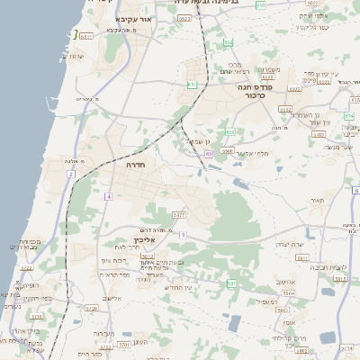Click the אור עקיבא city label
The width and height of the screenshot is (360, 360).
point(137,18)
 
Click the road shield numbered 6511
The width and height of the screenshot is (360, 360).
point(86,37)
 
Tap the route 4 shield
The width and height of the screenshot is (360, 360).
point(108,196)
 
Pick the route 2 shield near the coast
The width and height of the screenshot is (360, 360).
point(70,174)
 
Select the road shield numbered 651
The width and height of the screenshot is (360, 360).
point(192,85)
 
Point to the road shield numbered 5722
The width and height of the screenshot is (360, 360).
point(26,267)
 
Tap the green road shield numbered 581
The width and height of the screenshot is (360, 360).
point(231,283)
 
